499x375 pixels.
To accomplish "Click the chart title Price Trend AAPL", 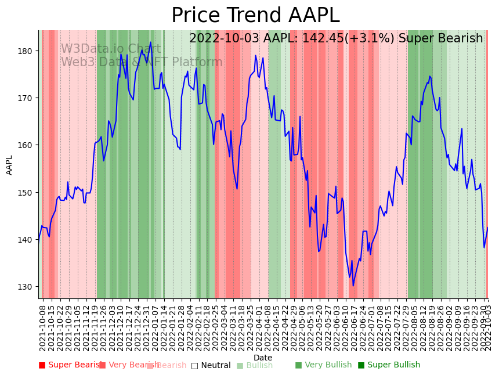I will click(255, 16).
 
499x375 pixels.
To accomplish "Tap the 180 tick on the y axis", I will click(26, 51).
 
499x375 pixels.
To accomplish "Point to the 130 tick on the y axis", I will click(26, 287).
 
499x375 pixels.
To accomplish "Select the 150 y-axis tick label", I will click(26, 192).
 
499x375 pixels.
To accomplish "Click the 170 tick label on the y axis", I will click(26, 98).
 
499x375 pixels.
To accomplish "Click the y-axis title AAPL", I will click(9, 165).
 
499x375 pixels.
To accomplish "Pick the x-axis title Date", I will click(263, 358).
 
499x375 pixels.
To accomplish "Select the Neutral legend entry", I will click(211, 365).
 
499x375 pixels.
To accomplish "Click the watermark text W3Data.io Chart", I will click(111, 49).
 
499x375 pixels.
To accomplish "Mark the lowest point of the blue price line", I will click(353, 286).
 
